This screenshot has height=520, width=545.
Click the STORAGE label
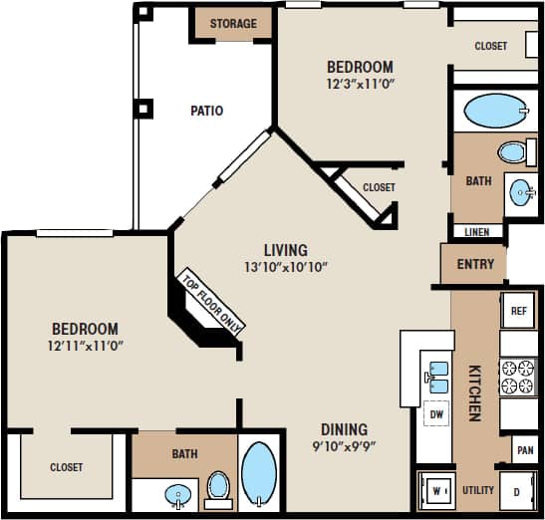point(233,24)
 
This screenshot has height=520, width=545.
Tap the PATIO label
point(206,111)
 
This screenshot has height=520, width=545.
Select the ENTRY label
point(473,265)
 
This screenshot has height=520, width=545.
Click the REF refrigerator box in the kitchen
point(518,311)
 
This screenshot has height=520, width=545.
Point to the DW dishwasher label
point(435,412)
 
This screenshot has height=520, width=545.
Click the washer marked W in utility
point(435,491)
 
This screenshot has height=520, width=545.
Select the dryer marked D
point(518,491)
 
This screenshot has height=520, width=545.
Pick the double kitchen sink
point(436,374)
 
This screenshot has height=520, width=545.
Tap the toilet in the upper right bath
point(512,152)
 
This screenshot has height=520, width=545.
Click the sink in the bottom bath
point(179,493)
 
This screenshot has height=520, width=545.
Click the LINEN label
point(476,232)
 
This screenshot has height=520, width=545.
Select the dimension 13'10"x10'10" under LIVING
point(285,267)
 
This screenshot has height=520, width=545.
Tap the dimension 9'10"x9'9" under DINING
point(343,445)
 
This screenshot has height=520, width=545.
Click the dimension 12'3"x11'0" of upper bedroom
point(360,85)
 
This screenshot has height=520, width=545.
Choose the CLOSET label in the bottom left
point(67,467)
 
